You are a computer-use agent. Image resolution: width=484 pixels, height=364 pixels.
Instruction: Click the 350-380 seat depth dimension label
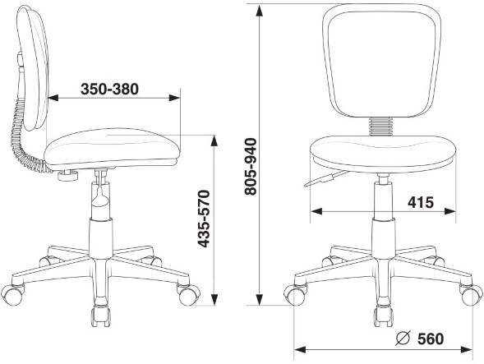coord(110,87)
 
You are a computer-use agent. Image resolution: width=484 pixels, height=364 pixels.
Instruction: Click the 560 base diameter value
coord(429,339)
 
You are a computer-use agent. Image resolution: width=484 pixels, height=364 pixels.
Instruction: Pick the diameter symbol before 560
coord(403,339)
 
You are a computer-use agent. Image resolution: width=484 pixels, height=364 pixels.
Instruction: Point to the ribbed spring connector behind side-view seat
coord(21,136)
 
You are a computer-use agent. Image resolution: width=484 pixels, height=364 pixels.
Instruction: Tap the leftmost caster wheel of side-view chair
coord(14,292)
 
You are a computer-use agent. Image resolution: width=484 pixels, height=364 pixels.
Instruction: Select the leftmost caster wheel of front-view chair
coord(294,293)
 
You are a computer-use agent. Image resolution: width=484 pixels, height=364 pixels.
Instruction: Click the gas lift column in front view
coord(382,210)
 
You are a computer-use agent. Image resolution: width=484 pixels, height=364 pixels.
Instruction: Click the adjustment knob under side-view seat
coord(68,173)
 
